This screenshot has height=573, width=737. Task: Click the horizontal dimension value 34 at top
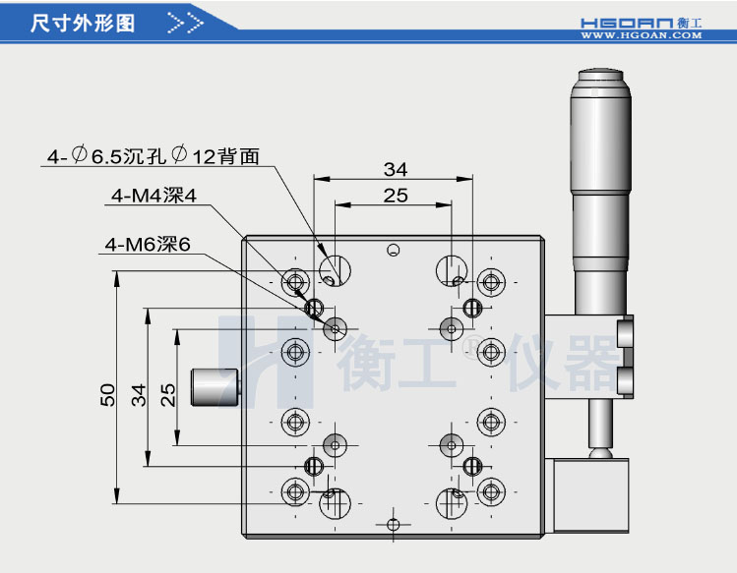coord(395,169)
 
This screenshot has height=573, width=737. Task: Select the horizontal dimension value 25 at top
coord(395,196)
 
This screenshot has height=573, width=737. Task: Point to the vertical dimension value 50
coord(107,395)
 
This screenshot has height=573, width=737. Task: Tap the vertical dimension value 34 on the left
coord(139,395)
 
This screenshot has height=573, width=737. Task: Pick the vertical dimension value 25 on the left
coord(168,395)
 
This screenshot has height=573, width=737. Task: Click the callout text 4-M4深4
coord(154,196)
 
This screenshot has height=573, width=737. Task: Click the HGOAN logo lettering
coord(629,20)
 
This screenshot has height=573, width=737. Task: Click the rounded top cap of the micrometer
coord(599,78)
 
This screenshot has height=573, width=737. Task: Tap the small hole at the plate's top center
coord(393,250)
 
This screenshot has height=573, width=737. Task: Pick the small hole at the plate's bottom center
coord(394,523)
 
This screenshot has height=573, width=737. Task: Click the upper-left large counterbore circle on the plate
coord(336,268)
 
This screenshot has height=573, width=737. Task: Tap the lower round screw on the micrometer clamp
coord(624,378)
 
